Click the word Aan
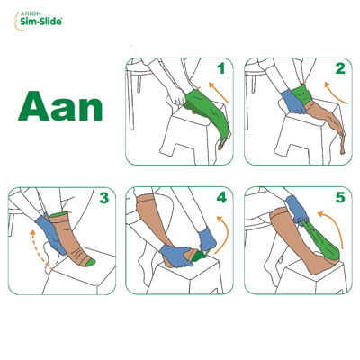click(x=60, y=106)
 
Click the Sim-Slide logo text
click(x=41, y=22)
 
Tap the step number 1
click(x=221, y=68)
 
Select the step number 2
click(x=340, y=68)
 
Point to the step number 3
click(x=103, y=198)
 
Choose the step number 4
click(x=221, y=198)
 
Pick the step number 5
click(x=340, y=198)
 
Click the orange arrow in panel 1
click(x=219, y=93)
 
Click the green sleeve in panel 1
click(x=207, y=114)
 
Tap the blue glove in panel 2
click(x=293, y=101)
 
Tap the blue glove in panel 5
click(x=296, y=209)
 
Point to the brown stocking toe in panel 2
click(x=341, y=144)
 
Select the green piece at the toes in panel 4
click(x=200, y=256)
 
